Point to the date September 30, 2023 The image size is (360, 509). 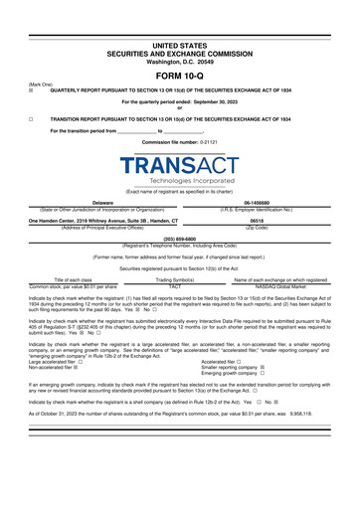click(221, 102)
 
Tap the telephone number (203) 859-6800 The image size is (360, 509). click(179, 240)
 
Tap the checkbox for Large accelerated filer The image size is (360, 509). click(82, 363)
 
